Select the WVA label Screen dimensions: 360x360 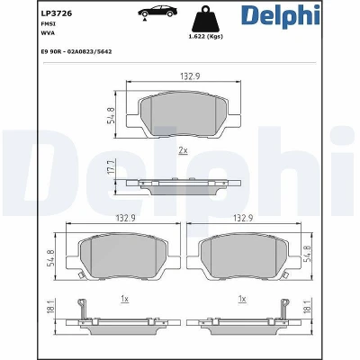point(48,33)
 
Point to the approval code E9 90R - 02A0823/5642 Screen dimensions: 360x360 point(76,51)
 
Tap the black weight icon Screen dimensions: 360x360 point(205,19)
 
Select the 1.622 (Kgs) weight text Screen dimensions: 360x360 point(205,37)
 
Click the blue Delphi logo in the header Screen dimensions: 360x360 point(281,15)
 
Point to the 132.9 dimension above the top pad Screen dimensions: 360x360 point(190,76)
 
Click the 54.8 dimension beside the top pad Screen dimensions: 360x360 point(112,115)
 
